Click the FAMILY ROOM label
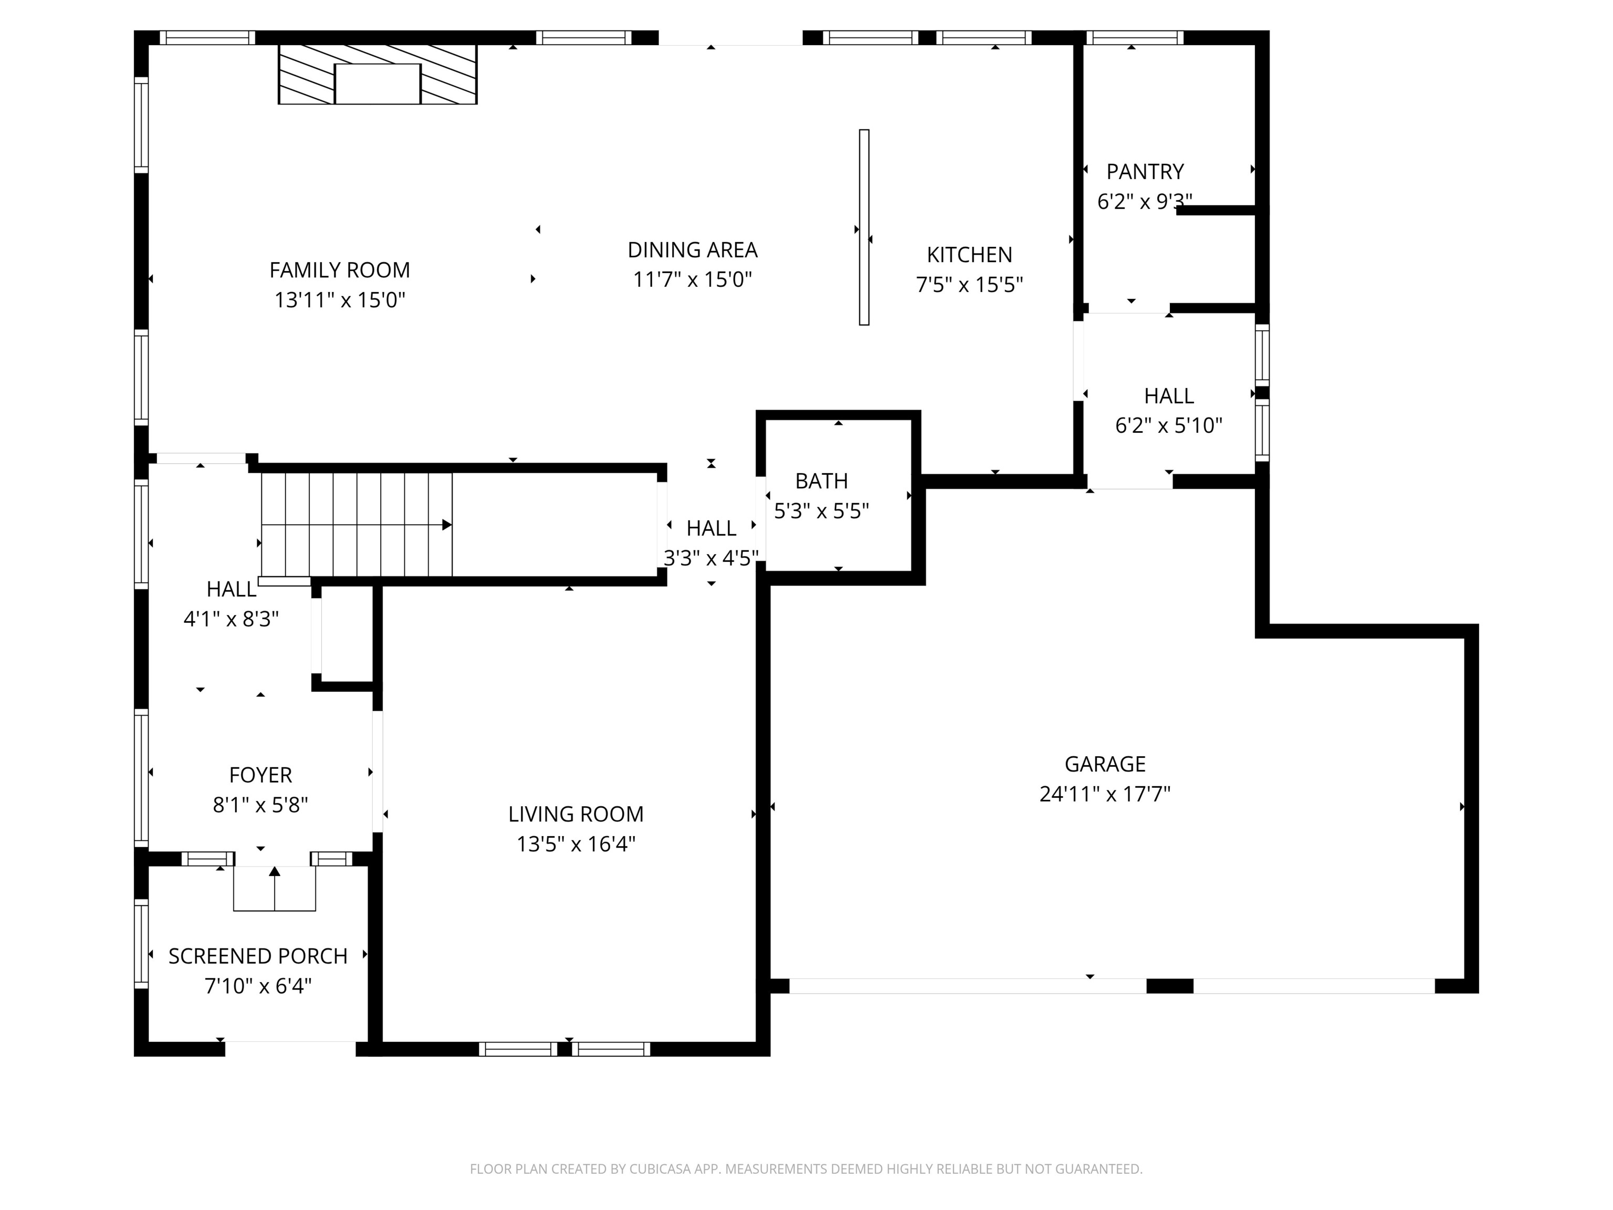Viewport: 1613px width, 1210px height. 340,270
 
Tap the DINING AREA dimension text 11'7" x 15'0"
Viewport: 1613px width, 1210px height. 692,279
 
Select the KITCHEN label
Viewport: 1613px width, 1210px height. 969,255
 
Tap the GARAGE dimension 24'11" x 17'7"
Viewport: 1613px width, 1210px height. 1105,794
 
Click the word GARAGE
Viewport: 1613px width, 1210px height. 1105,764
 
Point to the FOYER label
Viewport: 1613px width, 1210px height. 260,775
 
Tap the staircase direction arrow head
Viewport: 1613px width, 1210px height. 447,525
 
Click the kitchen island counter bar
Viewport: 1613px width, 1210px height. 864,227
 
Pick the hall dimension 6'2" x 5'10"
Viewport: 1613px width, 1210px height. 1169,425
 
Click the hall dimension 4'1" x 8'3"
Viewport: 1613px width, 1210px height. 231,619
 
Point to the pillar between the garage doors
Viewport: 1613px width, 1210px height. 1170,986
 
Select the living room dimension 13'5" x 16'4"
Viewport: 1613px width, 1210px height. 576,844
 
